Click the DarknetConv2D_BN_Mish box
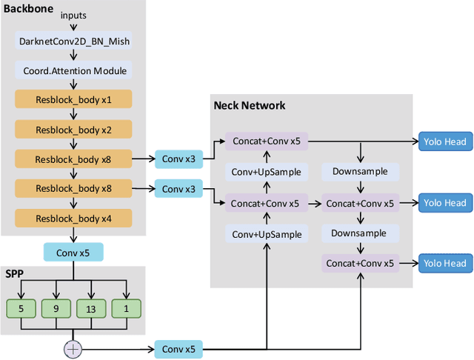(73, 42)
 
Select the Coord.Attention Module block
(73, 71)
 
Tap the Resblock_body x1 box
(73, 100)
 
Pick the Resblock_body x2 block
(73, 130)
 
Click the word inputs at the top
(73, 16)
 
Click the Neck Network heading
(249, 105)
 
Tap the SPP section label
(14, 273)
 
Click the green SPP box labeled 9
(55, 307)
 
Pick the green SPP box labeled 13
(90, 307)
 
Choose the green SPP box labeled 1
(126, 307)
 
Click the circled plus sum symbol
(73, 349)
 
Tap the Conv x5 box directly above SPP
(73, 253)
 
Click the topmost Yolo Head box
(444, 141)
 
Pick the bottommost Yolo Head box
(444, 263)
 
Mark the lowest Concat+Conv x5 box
(360, 263)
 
